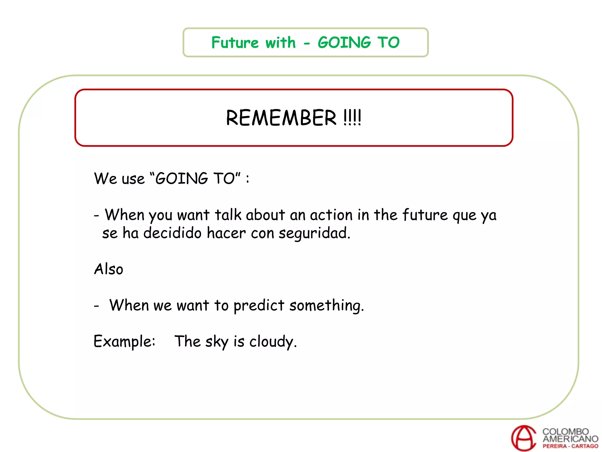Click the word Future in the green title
[x=235, y=43]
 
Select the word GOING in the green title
[x=344, y=43]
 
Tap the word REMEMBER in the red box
[x=281, y=118]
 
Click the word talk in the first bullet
[x=228, y=215]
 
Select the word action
[x=331, y=215]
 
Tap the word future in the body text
[x=425, y=215]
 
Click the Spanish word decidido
[x=172, y=233]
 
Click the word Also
[x=108, y=269]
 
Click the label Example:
[x=124, y=342]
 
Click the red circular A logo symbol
[x=524, y=438]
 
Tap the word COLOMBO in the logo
[x=566, y=431]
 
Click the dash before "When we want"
[x=96, y=306]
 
